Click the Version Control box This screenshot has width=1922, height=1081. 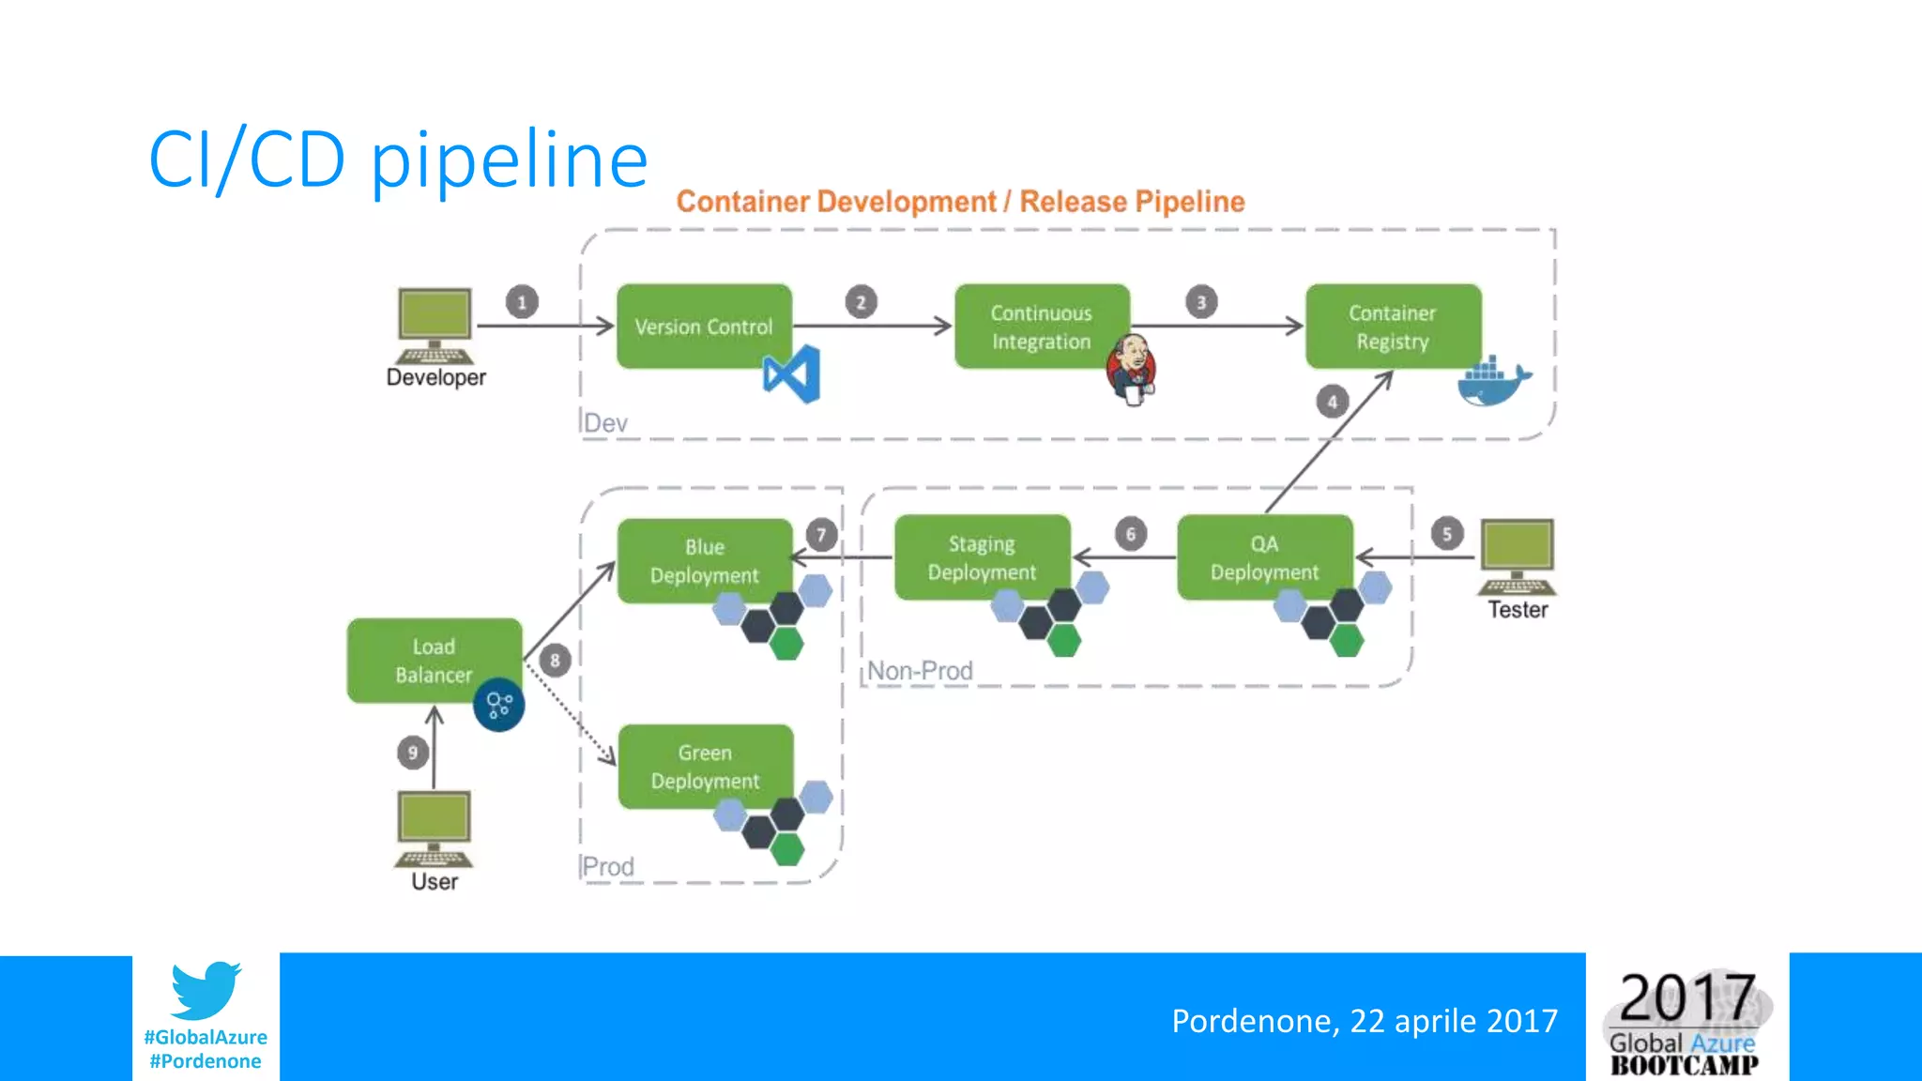click(704, 326)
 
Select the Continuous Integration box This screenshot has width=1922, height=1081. click(1041, 326)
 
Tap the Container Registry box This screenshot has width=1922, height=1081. click(1393, 326)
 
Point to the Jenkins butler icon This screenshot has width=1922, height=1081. click(1132, 369)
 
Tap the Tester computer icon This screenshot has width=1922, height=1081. click(1518, 556)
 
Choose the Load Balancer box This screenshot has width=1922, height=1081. click(434, 660)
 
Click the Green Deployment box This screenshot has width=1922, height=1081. click(705, 766)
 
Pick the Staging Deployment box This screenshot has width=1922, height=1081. click(982, 557)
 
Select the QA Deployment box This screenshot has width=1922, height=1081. click(1264, 557)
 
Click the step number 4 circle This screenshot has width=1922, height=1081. click(1332, 402)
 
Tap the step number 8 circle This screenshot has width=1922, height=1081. click(555, 661)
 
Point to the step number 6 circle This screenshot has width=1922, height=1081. click(1131, 534)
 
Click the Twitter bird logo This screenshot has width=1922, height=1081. click(206, 990)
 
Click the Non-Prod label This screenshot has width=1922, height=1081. click(920, 671)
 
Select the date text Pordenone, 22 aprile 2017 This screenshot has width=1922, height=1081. click(1365, 1020)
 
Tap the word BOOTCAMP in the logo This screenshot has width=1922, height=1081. click(1685, 1065)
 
